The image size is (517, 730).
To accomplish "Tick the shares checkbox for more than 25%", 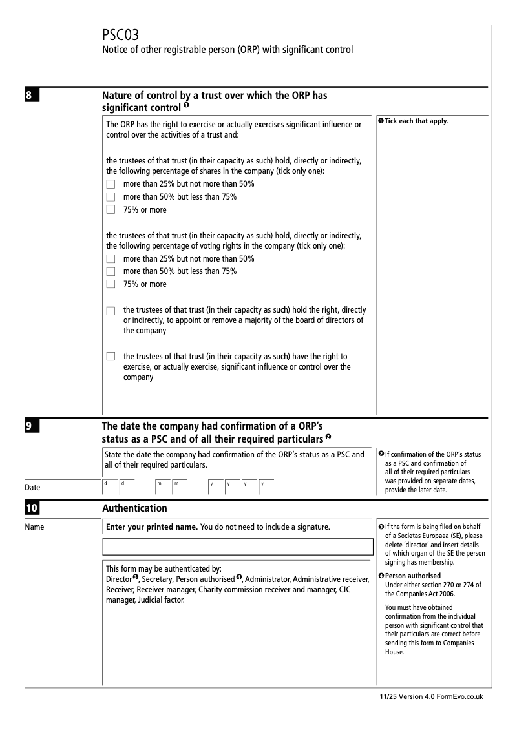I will pos(111,185).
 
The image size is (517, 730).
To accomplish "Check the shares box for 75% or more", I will pos(111,210).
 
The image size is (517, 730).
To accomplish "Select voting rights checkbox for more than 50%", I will pos(111,271).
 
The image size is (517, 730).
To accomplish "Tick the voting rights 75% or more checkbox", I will pos(111,284).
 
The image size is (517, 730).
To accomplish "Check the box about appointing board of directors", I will pos(111,311).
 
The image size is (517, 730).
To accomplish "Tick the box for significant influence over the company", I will pos(111,357).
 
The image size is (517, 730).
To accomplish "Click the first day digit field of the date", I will pos(110,488).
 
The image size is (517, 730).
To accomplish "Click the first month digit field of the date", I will pos(162,488).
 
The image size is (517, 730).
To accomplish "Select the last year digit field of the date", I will pos(266,488).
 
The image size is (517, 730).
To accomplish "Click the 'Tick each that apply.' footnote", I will pos(417,121).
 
